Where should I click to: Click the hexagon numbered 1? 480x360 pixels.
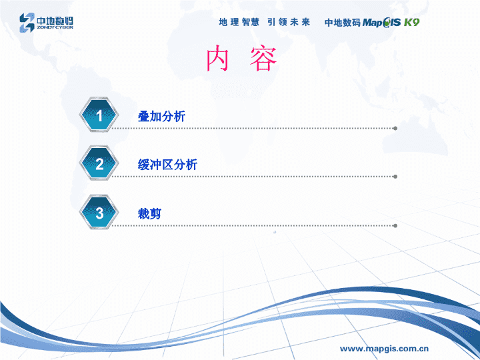tap(99, 115)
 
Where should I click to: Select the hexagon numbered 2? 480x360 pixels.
tap(99, 163)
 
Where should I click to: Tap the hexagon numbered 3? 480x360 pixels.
tap(99, 213)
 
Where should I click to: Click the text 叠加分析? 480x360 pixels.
tap(161, 116)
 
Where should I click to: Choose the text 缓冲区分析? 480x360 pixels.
tap(167, 165)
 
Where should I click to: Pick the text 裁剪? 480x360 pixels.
tap(149, 213)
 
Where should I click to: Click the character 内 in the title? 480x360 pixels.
tap(217, 58)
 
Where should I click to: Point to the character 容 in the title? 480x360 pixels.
tap(263, 58)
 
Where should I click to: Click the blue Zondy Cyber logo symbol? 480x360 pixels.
tap(27, 23)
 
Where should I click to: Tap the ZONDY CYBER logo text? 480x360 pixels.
tap(55, 27)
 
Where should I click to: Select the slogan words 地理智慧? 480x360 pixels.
tap(239, 22)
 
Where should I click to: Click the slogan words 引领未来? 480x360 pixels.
tap(289, 22)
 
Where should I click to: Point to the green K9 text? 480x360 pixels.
tap(411, 22)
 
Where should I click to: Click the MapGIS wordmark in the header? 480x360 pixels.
tap(381, 23)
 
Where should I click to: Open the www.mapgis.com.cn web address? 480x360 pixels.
tap(384, 349)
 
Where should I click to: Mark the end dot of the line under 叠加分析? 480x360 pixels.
tap(395, 128)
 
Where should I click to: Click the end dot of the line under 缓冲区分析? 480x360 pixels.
tap(395, 177)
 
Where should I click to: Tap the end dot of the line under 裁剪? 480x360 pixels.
tap(395, 226)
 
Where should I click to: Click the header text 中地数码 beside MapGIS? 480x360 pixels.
tap(343, 23)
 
